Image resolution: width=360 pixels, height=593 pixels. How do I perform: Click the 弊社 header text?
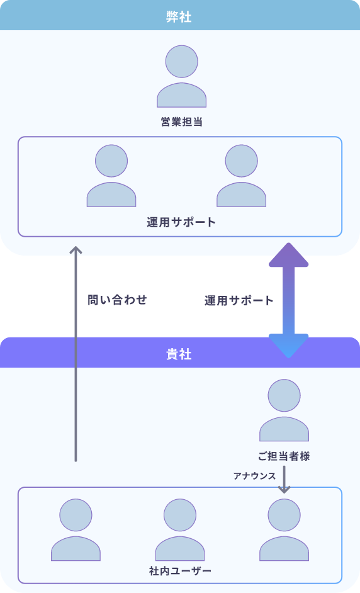(x=179, y=16)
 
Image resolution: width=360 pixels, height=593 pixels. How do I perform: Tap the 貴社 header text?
(x=179, y=354)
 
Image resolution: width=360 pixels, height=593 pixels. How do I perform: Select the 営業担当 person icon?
(x=181, y=76)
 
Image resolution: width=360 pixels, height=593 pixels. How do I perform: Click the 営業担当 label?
(x=181, y=121)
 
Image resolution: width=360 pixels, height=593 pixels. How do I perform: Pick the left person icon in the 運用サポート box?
(x=111, y=176)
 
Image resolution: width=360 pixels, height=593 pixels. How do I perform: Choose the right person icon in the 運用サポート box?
(x=241, y=176)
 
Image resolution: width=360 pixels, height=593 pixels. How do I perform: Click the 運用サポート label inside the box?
(x=181, y=222)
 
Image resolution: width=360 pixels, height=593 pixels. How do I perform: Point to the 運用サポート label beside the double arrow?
(x=239, y=301)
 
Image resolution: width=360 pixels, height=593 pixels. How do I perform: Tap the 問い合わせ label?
(x=117, y=300)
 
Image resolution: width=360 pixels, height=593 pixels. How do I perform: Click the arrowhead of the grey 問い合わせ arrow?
(x=76, y=250)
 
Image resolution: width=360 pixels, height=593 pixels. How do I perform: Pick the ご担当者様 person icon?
(x=284, y=410)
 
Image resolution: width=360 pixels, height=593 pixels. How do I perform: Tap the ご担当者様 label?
(x=284, y=456)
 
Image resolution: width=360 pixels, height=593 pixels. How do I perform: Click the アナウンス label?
(x=254, y=476)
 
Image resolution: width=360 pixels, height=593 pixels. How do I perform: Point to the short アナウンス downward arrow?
(x=284, y=480)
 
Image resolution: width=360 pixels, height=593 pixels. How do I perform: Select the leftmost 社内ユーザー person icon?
(x=76, y=530)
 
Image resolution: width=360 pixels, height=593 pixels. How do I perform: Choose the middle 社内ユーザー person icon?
(x=180, y=530)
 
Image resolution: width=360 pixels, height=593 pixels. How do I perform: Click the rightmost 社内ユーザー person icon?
(x=284, y=530)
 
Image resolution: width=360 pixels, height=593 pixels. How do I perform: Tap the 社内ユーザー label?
(x=180, y=571)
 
